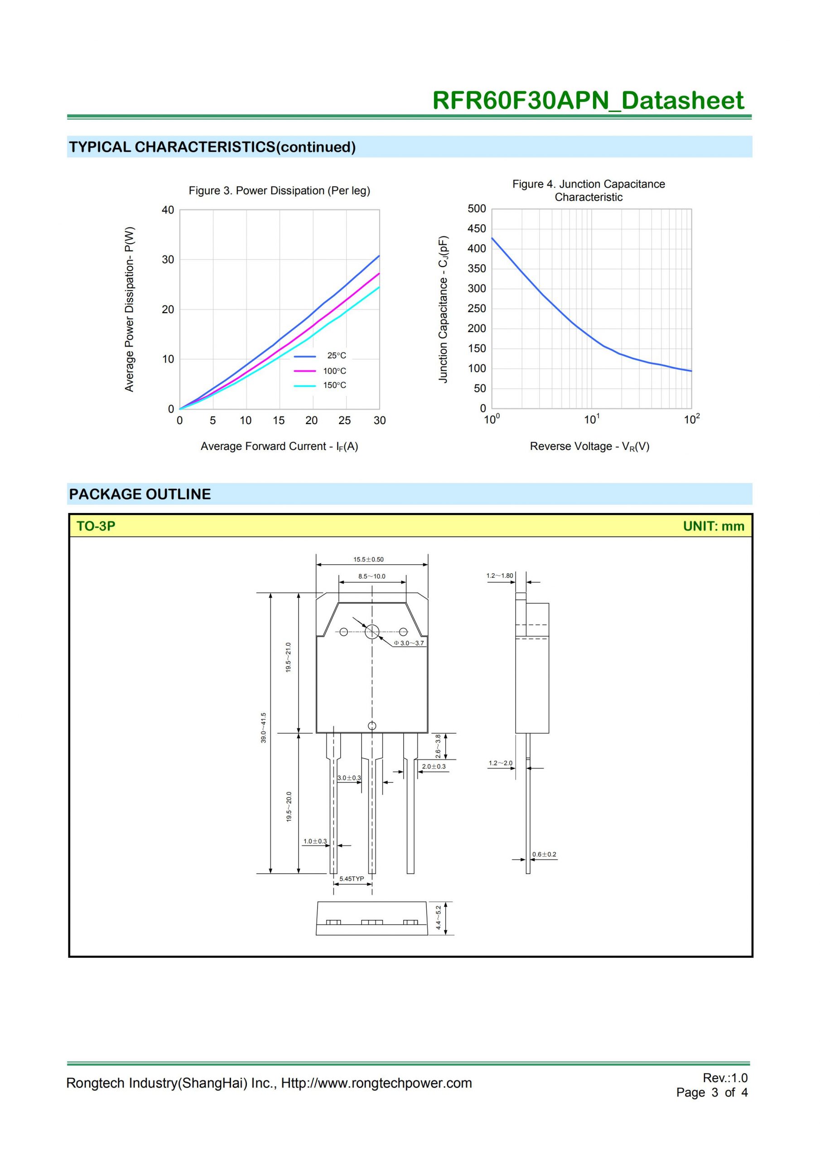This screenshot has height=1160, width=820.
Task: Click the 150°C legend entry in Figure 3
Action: coord(334,386)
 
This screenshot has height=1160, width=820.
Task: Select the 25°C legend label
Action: coord(337,356)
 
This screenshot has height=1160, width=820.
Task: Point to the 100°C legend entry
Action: coord(334,371)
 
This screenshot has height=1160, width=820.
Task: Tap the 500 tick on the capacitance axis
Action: coord(477,208)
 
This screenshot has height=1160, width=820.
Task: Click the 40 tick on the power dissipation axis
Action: coord(168,210)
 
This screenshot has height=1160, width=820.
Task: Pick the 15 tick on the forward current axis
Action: coord(278,420)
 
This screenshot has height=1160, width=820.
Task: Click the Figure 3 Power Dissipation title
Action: coord(280,190)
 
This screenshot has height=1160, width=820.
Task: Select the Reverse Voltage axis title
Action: coord(589,447)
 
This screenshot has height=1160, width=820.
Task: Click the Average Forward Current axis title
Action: coord(280,447)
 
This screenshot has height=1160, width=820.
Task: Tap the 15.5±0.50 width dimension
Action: coord(368,559)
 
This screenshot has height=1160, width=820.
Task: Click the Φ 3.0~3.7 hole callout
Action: coord(409,643)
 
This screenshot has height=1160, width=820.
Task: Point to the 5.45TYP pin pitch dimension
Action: coord(352,879)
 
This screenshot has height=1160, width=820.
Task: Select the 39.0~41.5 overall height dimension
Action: coord(263,728)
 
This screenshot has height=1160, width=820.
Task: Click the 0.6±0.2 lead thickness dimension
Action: coord(544,854)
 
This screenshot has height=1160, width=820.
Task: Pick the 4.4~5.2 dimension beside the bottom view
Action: coord(439,918)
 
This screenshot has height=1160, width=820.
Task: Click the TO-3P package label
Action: coord(96,526)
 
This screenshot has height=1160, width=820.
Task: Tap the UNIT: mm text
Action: coord(714,526)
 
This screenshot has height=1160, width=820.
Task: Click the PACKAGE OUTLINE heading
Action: coord(140,494)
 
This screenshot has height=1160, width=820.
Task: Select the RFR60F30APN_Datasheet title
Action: coord(588,100)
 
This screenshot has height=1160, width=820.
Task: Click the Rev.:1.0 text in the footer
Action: coord(725,1078)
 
